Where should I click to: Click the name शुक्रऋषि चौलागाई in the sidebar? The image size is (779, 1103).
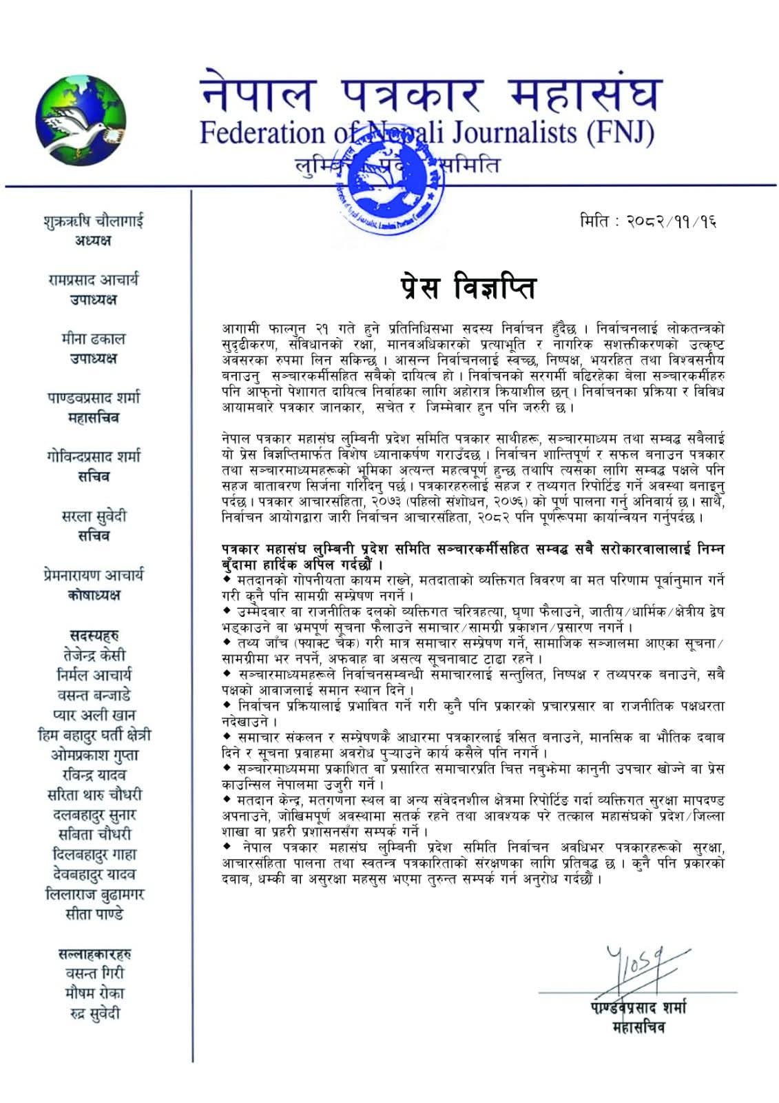tap(93, 221)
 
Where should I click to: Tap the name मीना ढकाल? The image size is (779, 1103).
tap(93, 339)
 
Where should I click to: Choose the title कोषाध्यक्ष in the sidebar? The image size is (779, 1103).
tap(93, 595)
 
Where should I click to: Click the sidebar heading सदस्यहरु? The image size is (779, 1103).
tap(93, 635)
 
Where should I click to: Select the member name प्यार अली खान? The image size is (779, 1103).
tap(93, 715)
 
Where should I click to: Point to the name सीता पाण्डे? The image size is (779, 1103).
tap(93, 915)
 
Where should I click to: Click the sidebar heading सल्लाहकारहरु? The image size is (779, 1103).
tap(93, 954)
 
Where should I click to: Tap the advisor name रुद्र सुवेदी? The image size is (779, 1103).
tap(93, 1013)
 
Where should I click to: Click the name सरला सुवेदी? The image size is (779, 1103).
tap(93, 516)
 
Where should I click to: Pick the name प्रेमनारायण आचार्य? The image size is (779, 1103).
tap(93, 576)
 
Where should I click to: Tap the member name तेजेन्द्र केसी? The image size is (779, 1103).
tap(93, 655)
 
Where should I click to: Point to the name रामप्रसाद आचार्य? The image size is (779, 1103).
tap(93, 280)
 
